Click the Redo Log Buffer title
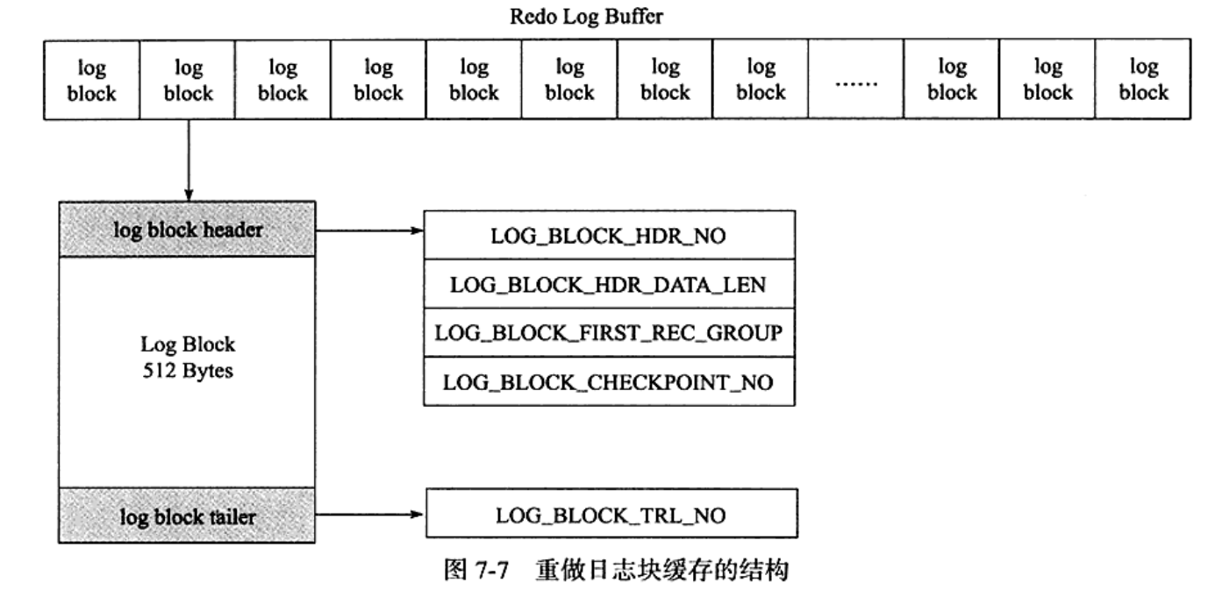[x=587, y=18]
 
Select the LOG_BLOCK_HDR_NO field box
[x=610, y=235]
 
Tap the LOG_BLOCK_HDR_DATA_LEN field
[x=610, y=284]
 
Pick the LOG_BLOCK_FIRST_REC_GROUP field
[x=610, y=333]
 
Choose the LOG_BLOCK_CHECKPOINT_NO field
[x=610, y=382]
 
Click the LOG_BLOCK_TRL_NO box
[x=611, y=515]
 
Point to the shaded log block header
[x=187, y=231]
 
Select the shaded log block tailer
[x=187, y=516]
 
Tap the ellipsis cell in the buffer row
[x=855, y=80]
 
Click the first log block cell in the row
[x=92, y=80]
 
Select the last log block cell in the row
[x=1143, y=80]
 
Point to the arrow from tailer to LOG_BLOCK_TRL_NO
[x=368, y=514]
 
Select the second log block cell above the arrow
[x=188, y=80]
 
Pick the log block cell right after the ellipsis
[x=952, y=80]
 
